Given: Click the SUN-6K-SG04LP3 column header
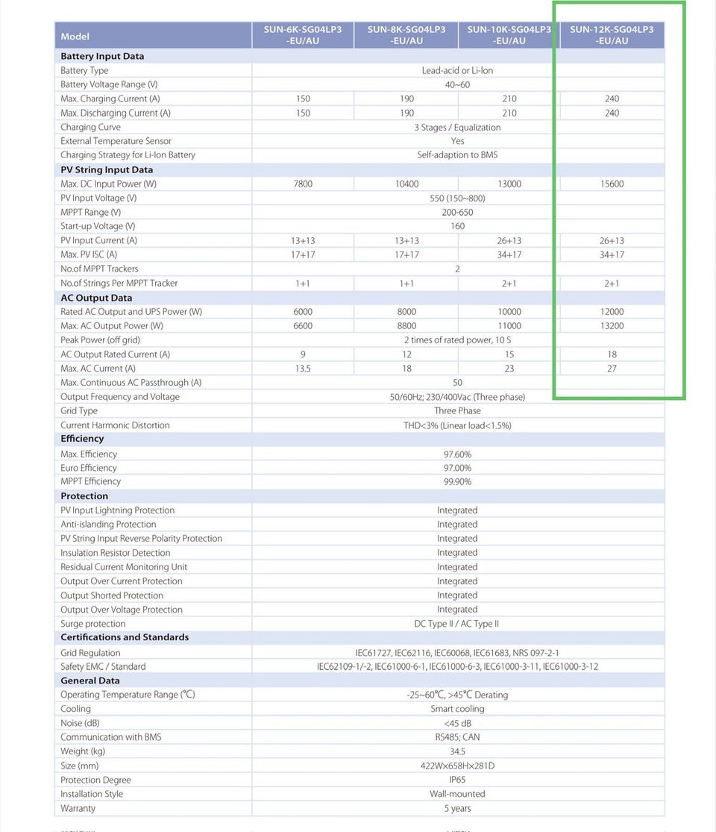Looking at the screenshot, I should pyautogui.click(x=303, y=35).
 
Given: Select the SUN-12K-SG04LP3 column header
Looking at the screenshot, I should pyautogui.click(x=612, y=35).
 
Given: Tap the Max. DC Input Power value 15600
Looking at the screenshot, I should pyautogui.click(x=612, y=184).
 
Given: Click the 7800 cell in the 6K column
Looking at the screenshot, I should pyautogui.click(x=303, y=184).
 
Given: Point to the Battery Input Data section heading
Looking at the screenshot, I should pyautogui.click(x=102, y=56).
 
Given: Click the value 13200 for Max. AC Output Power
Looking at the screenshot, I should pyautogui.click(x=612, y=325).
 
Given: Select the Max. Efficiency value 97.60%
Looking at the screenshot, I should pyautogui.click(x=457, y=454).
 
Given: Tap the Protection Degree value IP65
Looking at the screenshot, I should pyautogui.click(x=457, y=780).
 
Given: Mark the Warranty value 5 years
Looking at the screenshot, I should pyautogui.click(x=457, y=808).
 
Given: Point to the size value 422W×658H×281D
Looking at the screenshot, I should pyautogui.click(x=457, y=766).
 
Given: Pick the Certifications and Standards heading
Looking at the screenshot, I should pyautogui.click(x=125, y=637).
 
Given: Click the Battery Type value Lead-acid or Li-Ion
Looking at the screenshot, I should pyautogui.click(x=457, y=70).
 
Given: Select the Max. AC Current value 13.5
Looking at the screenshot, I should pyautogui.click(x=303, y=368).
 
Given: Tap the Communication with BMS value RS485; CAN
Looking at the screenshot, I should pyautogui.click(x=457, y=737).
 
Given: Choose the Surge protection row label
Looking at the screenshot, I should pyautogui.click(x=93, y=624).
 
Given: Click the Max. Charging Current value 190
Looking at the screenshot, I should pyautogui.click(x=406, y=98).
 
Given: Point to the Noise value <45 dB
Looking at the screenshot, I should pyautogui.click(x=457, y=723).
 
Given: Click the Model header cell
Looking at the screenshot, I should pyautogui.click(x=75, y=37).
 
